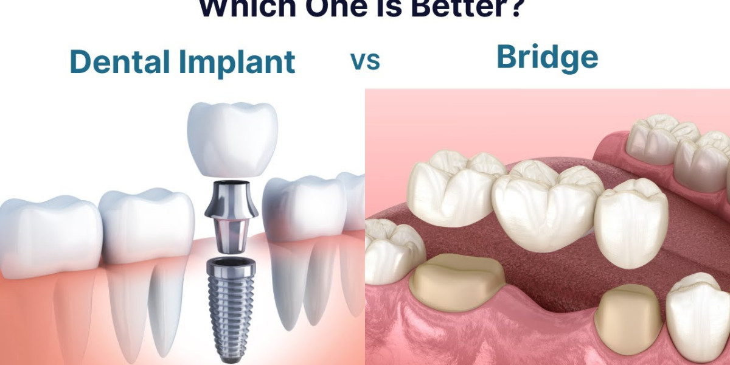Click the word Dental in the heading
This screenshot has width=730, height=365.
pyautogui.click(x=119, y=61)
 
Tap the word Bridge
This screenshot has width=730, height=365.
pyautogui.click(x=547, y=58)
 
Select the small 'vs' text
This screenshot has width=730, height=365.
pyautogui.click(x=365, y=61)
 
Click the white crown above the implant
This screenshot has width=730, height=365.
pyautogui.click(x=232, y=139)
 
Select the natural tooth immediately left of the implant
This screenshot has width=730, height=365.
pyautogui.click(x=146, y=225)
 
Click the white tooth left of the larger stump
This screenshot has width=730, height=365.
pyautogui.click(x=392, y=249)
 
